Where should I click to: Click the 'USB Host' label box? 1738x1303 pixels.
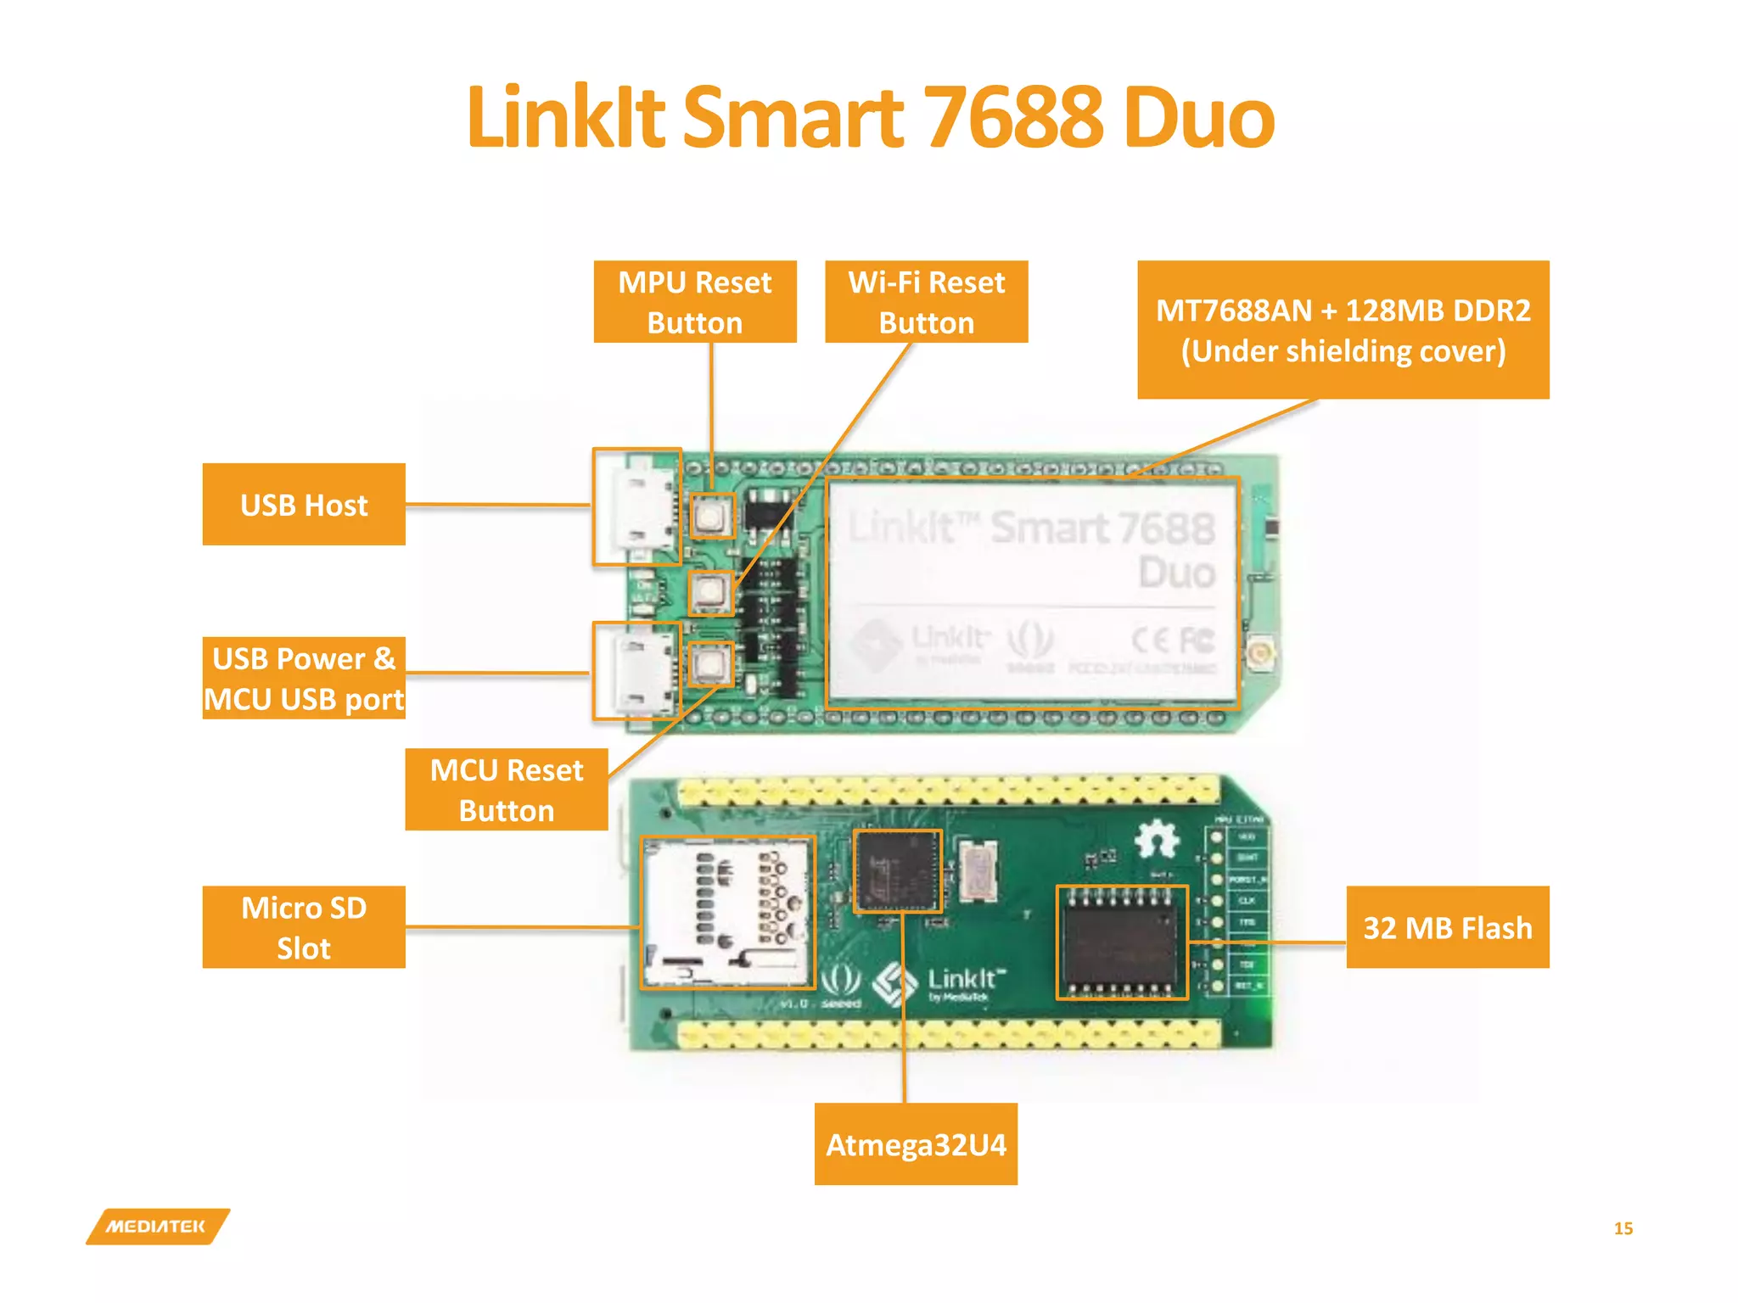click(x=304, y=505)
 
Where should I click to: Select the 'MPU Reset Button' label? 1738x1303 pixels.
click(x=694, y=302)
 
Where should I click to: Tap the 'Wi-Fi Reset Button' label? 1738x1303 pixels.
click(x=926, y=302)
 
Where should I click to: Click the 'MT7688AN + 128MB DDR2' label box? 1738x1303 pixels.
click(x=1343, y=330)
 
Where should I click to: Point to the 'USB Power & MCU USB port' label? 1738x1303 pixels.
click(x=304, y=679)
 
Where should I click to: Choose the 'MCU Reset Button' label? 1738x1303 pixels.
click(x=506, y=790)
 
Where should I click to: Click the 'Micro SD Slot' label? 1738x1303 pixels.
click(x=304, y=927)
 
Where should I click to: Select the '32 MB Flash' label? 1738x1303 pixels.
click(x=1447, y=927)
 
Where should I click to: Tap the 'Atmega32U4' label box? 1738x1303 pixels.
click(x=916, y=1144)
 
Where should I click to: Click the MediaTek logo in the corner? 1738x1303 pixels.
click(x=157, y=1227)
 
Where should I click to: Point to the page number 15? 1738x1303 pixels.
click(x=1623, y=1228)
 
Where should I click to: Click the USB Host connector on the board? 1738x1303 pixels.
click(x=637, y=506)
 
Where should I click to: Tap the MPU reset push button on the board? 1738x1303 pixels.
click(x=711, y=516)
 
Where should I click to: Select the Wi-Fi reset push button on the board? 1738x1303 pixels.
click(x=710, y=592)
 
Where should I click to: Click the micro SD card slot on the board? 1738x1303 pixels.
click(x=727, y=913)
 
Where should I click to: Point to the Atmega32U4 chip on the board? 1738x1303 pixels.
click(x=897, y=871)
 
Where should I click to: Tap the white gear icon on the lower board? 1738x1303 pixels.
click(x=1157, y=839)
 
